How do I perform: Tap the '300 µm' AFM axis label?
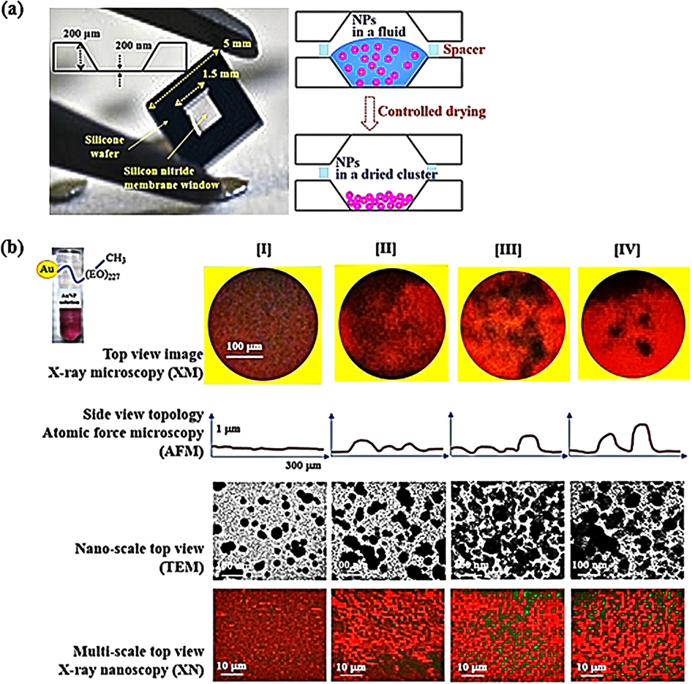tap(302, 464)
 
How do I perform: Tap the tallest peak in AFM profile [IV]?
tap(642, 425)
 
